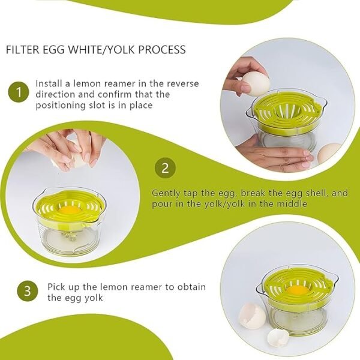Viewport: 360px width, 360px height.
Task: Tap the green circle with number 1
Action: tap(19, 93)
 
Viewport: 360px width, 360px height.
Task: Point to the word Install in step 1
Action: tap(49, 83)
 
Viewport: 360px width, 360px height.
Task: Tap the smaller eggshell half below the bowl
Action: tap(277, 337)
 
